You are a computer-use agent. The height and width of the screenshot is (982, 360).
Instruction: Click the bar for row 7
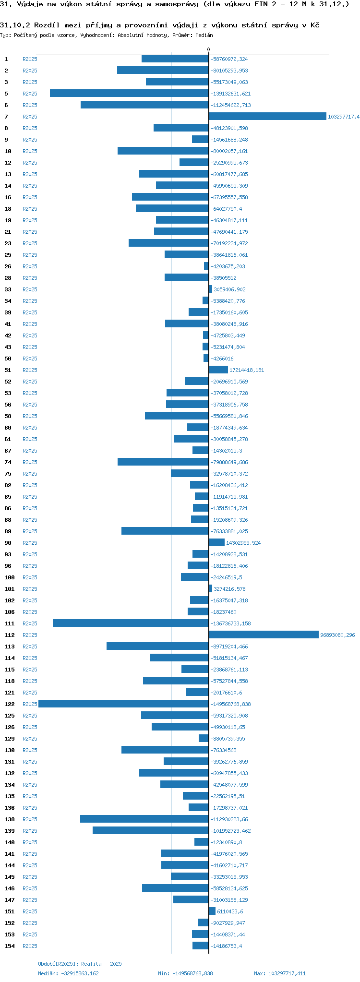click(x=267, y=116)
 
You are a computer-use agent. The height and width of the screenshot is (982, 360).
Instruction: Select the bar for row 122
click(x=123, y=704)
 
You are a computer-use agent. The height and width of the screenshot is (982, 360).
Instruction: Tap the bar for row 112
click(x=264, y=635)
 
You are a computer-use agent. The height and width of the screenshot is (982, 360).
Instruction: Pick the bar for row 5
click(x=129, y=93)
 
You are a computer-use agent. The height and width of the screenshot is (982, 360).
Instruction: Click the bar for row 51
click(x=218, y=370)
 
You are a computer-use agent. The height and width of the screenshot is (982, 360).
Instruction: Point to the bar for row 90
click(x=216, y=542)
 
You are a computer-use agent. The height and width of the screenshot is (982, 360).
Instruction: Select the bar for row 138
click(x=144, y=819)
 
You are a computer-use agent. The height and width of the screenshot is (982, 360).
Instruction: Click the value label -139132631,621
click(x=230, y=94)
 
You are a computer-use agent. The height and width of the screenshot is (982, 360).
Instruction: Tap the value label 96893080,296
click(x=337, y=635)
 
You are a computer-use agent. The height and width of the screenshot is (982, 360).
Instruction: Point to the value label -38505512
click(x=223, y=278)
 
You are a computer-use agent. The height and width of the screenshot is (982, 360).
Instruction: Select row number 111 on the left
click(x=10, y=623)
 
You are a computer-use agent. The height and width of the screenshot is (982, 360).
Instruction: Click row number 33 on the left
click(x=8, y=289)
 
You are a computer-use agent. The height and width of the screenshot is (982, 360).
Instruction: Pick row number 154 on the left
click(x=10, y=946)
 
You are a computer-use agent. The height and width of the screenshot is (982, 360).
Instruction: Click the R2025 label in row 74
click(x=30, y=462)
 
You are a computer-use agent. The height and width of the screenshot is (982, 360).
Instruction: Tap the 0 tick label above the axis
click(x=208, y=49)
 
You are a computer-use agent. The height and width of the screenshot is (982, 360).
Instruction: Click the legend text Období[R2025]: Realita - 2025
click(x=80, y=964)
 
